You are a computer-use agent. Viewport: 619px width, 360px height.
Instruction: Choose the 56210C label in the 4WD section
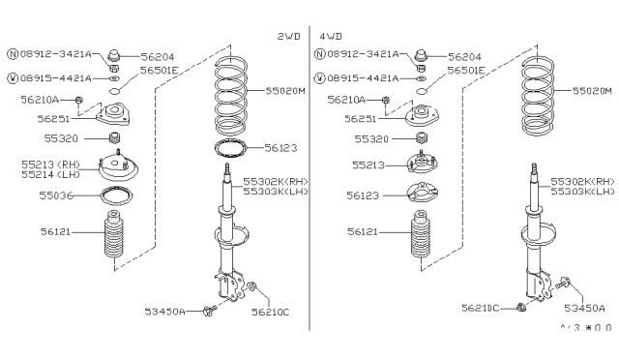(x=480, y=308)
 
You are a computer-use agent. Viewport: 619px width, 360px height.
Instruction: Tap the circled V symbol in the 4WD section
(x=320, y=76)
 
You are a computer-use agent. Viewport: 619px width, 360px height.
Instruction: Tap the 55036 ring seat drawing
(x=116, y=200)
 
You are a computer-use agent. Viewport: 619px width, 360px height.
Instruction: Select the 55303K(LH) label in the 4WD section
(x=588, y=192)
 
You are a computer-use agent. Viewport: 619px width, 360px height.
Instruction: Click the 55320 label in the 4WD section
(x=364, y=139)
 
